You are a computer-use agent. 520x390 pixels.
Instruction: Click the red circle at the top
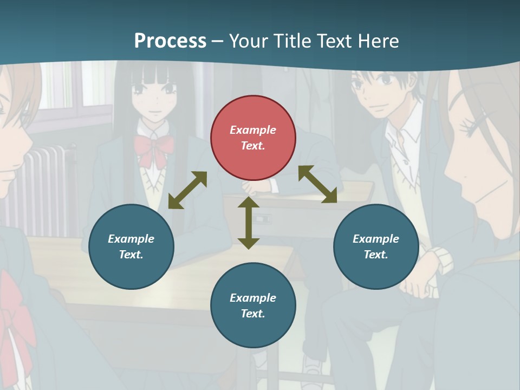click(x=253, y=138)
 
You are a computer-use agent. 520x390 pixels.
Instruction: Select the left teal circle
click(x=131, y=246)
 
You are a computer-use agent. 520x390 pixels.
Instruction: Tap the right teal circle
click(x=376, y=246)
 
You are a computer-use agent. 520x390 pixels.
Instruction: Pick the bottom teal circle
click(x=253, y=305)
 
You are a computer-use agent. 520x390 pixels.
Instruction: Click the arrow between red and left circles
click(x=187, y=190)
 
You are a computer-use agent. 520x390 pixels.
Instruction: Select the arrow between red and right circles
click(x=318, y=184)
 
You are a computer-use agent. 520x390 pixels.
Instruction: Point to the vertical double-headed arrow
click(x=249, y=223)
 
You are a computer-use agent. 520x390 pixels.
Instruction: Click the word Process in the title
click(x=170, y=41)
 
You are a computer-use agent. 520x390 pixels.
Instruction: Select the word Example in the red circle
click(x=253, y=130)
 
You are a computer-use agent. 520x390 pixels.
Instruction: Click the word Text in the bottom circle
click(x=252, y=314)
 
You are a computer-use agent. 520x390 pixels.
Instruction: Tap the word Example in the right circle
click(x=376, y=239)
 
